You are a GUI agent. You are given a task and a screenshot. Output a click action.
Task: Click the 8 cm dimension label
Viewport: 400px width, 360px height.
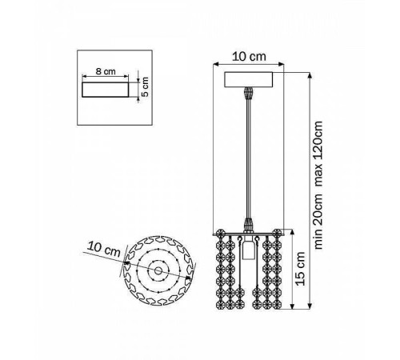point(106,71)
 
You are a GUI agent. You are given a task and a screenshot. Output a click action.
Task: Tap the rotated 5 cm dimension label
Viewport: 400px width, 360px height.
point(146,86)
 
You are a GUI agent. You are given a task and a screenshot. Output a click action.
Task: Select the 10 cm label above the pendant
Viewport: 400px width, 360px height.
point(249,57)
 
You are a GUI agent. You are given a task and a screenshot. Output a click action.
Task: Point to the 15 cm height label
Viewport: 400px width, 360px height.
point(301,269)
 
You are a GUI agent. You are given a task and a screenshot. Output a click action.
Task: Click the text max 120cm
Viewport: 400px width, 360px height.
point(318,154)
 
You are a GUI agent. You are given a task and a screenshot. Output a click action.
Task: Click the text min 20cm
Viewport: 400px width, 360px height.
point(318,222)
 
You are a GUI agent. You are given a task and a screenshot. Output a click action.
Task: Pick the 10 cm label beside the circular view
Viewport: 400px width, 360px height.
point(104,250)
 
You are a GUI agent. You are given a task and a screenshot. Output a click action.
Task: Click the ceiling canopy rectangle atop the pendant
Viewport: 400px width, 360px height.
point(249,80)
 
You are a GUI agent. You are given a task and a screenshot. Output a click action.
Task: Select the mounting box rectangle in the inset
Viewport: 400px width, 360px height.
point(106,90)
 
